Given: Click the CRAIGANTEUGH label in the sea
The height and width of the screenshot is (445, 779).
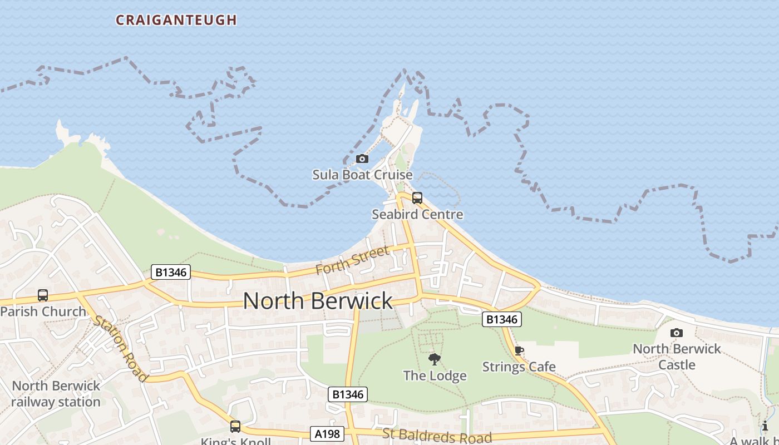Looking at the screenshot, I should click(x=176, y=20).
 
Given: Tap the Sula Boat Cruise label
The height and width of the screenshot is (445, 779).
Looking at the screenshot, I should click(x=362, y=175).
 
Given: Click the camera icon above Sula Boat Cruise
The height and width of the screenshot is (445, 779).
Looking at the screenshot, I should click(x=362, y=159).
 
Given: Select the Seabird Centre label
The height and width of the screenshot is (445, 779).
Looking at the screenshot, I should click(x=417, y=214).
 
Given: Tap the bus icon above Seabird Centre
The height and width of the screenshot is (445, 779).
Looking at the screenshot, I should click(x=417, y=198).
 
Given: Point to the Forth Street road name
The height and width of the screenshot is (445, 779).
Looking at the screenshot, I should click(x=352, y=260).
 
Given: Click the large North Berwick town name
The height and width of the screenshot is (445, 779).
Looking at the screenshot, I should click(x=318, y=301).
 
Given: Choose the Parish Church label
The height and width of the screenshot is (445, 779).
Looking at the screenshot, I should click(x=43, y=311).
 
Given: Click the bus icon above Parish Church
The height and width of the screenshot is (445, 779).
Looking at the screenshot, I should click(x=43, y=295).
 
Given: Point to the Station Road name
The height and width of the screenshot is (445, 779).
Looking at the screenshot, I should click(x=121, y=349).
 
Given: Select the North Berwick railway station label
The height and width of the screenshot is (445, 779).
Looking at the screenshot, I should click(x=56, y=394).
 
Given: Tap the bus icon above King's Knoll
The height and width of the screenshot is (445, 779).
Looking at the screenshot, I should click(x=235, y=427).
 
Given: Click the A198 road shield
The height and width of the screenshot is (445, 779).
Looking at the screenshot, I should click(x=327, y=434).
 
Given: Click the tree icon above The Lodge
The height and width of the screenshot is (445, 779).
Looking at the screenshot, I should click(x=435, y=359).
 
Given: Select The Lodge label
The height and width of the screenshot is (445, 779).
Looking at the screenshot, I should click(x=435, y=376).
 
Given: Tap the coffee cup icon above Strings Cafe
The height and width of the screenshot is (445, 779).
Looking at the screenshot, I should click(x=519, y=350).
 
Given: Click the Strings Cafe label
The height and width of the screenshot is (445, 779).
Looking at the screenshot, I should click(x=519, y=367).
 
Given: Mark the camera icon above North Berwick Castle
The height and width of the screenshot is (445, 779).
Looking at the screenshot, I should click(x=677, y=333).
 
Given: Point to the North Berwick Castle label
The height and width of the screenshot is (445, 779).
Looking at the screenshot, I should click(x=677, y=357).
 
